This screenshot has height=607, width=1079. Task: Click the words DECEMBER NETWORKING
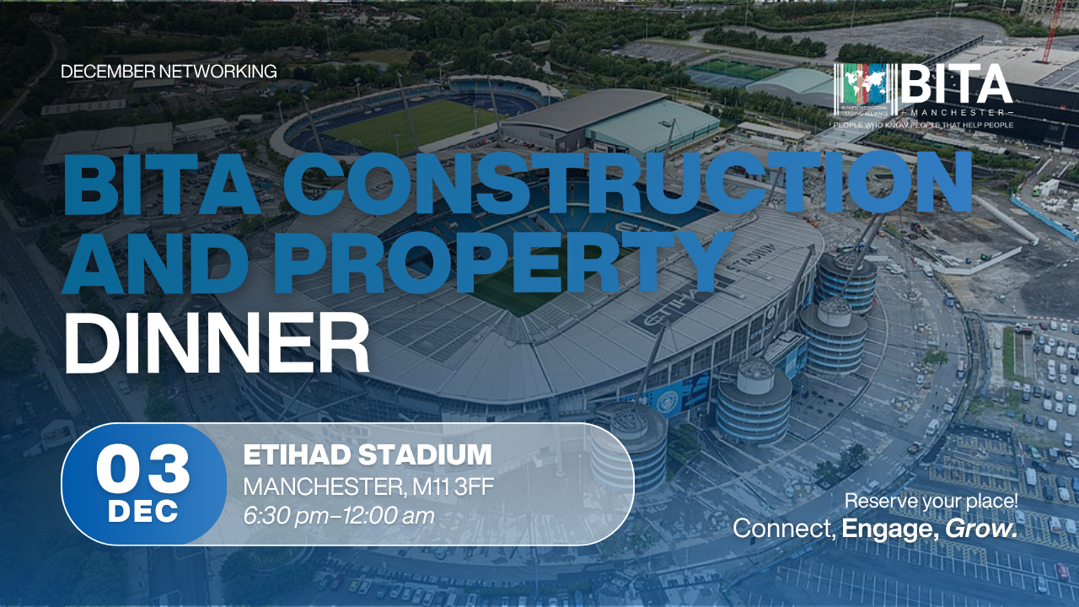[169, 72]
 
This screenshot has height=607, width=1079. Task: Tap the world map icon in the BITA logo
[866, 87]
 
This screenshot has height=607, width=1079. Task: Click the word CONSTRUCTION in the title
[628, 183]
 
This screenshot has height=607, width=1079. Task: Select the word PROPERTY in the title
[504, 261]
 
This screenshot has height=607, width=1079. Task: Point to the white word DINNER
[217, 342]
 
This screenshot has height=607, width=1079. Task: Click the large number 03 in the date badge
[143, 467]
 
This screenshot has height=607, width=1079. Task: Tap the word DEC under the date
[143, 512]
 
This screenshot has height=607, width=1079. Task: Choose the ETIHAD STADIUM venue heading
[368, 454]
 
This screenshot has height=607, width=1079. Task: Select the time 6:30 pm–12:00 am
[339, 516]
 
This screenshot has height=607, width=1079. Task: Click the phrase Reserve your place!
[931, 501]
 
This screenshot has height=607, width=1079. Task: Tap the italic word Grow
[981, 529]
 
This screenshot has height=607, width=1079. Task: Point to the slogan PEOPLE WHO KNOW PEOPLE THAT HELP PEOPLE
[923, 126]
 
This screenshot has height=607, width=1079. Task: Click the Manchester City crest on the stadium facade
[667, 400]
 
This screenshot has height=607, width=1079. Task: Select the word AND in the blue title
[155, 261]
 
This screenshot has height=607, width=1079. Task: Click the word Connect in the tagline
[784, 529]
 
